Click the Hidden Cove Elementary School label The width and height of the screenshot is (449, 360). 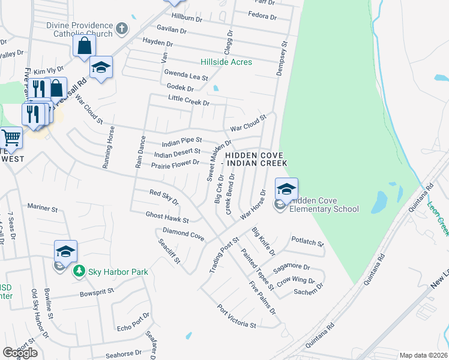pos(324,205)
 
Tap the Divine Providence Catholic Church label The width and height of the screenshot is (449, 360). pos(80,29)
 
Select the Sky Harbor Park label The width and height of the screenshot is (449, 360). pos(118,272)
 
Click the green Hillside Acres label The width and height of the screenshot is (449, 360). pos(226,62)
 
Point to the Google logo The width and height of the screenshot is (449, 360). pos(20,352)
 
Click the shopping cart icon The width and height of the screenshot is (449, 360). pos(10,138)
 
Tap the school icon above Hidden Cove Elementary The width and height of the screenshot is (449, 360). pos(286,189)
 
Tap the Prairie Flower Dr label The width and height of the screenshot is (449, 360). pos(175,163)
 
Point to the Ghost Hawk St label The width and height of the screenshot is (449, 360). pos(167,217)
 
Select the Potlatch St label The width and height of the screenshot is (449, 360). pos(307,244)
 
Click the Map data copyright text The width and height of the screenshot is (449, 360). pos(423,355)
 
